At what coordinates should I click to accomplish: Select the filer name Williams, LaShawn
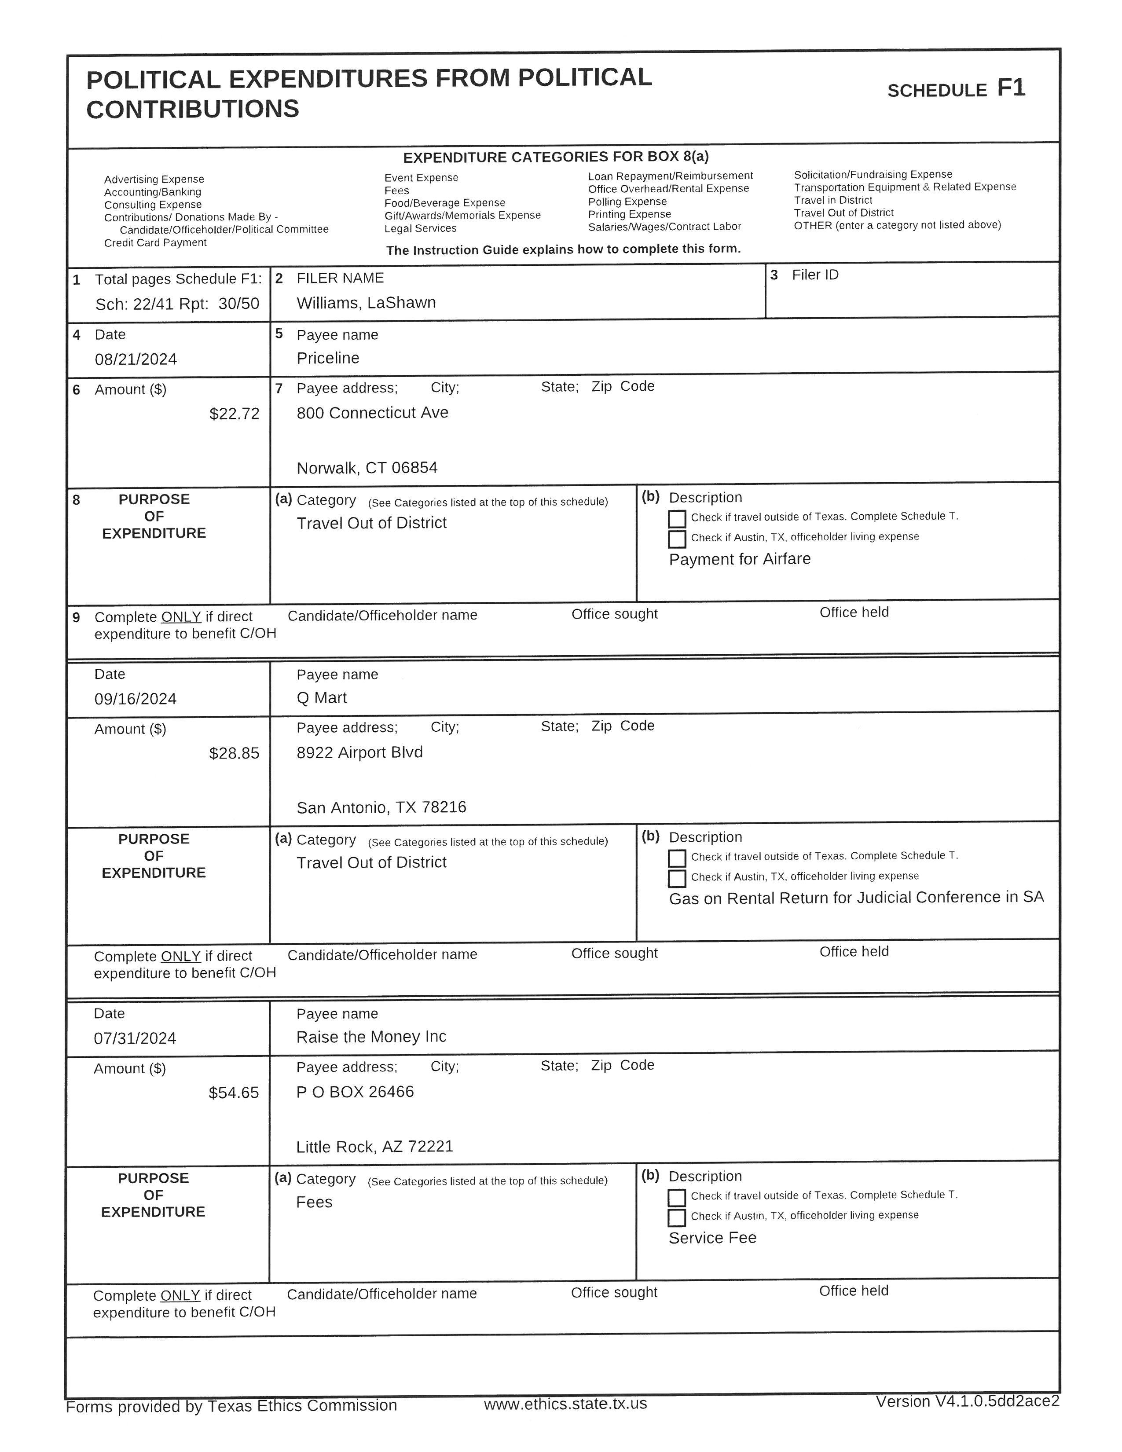[x=366, y=303]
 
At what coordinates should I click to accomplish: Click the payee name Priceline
[x=328, y=358]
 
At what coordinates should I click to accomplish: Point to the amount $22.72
[x=234, y=414]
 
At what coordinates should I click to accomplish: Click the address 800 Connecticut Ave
[x=372, y=413]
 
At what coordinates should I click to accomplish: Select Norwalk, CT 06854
[x=367, y=468]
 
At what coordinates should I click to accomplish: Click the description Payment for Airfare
[x=739, y=559]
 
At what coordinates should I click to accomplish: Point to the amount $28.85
[x=234, y=754]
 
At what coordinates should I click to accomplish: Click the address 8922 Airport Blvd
[x=359, y=752]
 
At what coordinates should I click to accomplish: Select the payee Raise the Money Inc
[x=371, y=1037]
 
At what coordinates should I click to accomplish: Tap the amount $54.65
[x=233, y=1093]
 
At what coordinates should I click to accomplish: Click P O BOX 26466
[x=355, y=1092]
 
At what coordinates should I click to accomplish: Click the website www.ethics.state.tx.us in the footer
[x=565, y=1404]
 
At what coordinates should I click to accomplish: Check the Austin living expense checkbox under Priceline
[x=677, y=539]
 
